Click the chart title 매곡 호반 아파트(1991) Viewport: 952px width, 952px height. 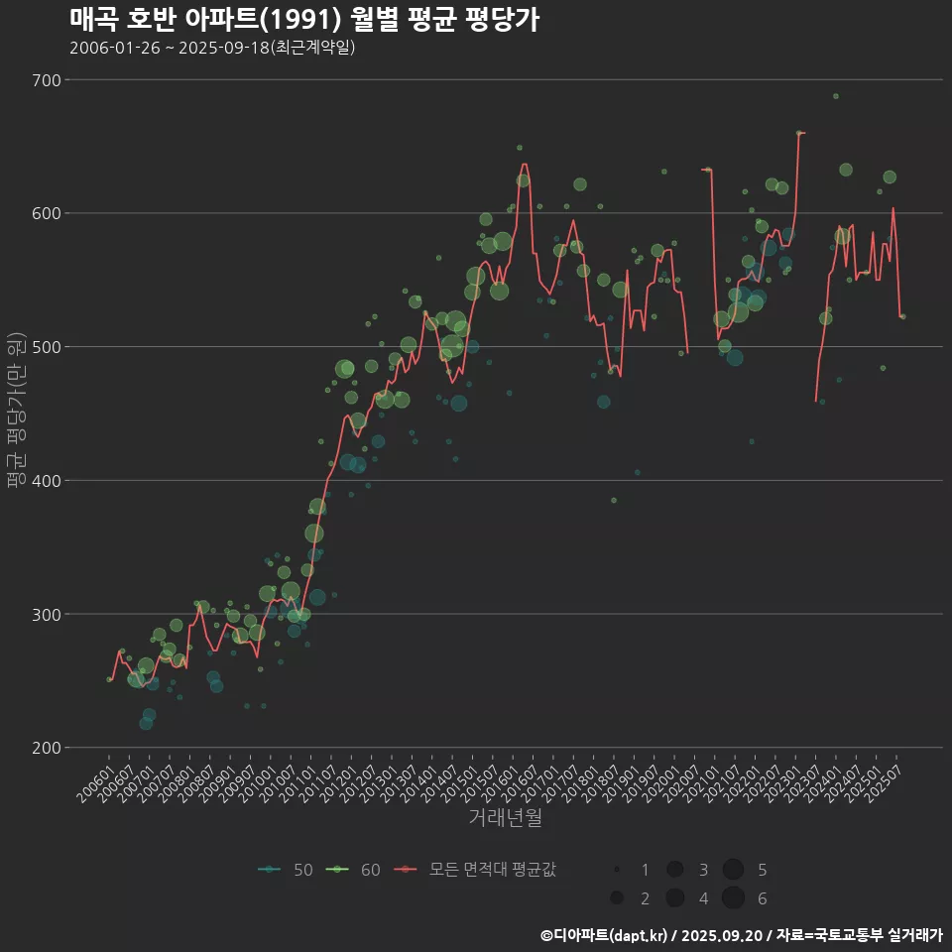(x=304, y=19)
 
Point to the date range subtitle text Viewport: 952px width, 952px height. (x=212, y=48)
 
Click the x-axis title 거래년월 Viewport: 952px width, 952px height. (x=505, y=818)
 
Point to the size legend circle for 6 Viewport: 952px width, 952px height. (x=733, y=898)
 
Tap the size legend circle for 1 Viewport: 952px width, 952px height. (x=617, y=870)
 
